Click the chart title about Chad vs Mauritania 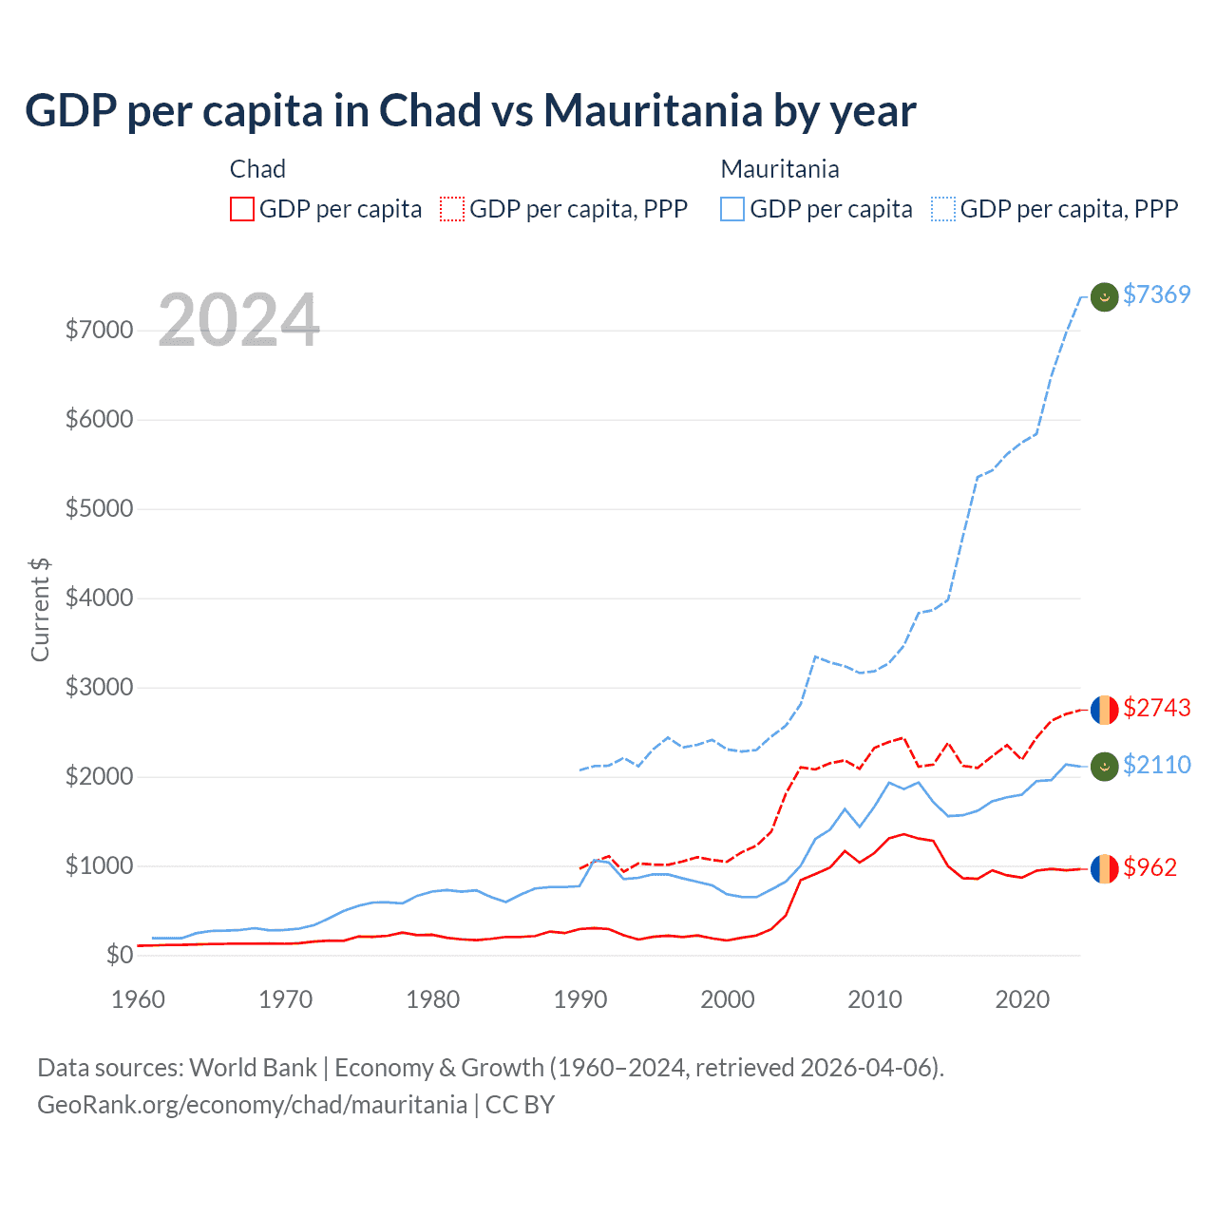[470, 111]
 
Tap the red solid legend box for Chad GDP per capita [242, 209]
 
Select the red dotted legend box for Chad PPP [452, 209]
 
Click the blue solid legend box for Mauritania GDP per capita [732, 209]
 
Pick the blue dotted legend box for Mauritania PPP [943, 209]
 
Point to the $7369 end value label [1156, 294]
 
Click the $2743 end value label [1156, 708]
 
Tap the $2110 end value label [1156, 765]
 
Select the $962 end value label [1149, 867]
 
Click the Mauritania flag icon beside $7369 [1104, 297]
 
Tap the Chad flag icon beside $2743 [1104, 710]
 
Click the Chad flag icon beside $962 [1104, 868]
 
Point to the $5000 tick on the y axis [99, 508]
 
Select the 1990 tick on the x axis [580, 999]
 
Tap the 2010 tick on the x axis [875, 999]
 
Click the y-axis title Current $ [40, 609]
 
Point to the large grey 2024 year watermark [238, 320]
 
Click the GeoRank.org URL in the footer [252, 1105]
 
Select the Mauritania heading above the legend [780, 169]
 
